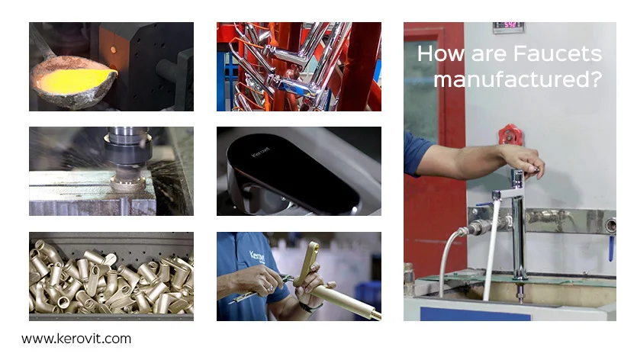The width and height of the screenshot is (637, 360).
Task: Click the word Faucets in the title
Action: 558,53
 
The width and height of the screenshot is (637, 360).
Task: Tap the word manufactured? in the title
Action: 517,79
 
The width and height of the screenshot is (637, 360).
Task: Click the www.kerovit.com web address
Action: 76,339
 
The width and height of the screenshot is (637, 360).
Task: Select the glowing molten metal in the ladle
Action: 73,79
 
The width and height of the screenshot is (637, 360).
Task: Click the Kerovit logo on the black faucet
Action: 260,152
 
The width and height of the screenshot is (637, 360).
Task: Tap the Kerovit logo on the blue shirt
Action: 257,256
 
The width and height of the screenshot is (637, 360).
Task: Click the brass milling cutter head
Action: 127,183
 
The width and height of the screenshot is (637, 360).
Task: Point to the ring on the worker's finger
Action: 270,288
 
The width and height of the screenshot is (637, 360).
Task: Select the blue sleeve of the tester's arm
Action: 416,153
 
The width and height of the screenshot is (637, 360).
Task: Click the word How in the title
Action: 440,53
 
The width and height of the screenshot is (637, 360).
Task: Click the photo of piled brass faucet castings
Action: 111,276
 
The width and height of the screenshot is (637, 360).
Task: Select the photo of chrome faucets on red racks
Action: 299,66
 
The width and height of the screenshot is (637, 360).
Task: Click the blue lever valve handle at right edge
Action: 610,248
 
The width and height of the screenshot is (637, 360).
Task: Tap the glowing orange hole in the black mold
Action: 114,50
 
